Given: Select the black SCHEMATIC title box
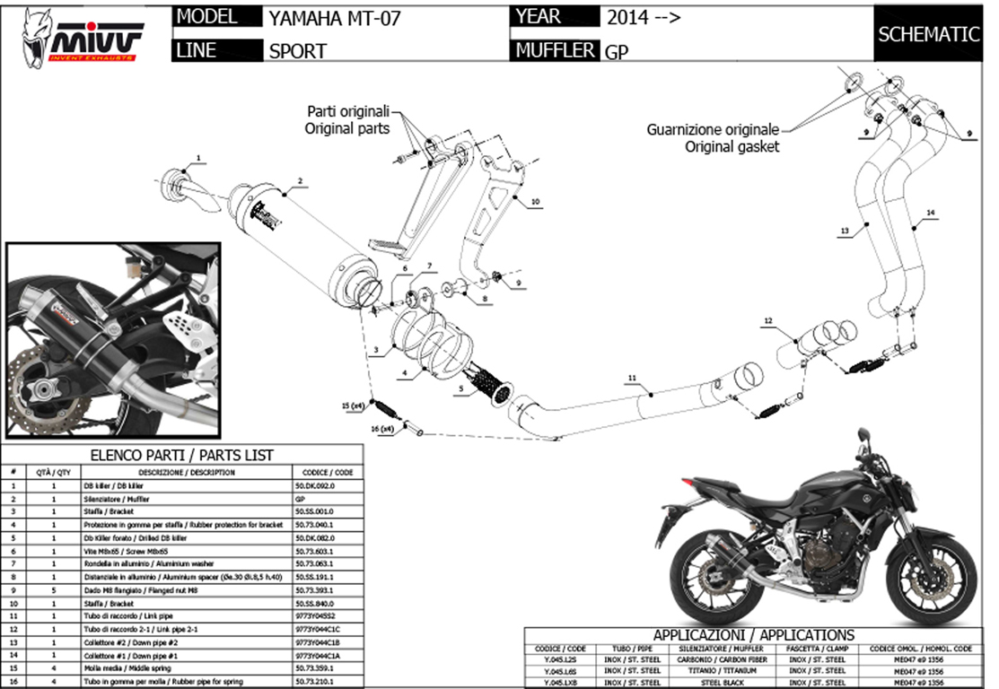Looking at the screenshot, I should tap(928, 35).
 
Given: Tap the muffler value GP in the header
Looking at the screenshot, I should tap(617, 52).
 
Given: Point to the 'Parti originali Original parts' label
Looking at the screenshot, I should tap(348, 120).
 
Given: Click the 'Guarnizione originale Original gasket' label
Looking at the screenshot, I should tap(713, 137).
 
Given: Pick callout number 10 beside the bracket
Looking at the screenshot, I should tap(535, 203).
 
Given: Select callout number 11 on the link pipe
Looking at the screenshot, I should tap(631, 379).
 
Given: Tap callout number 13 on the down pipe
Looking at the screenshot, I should tap(845, 231).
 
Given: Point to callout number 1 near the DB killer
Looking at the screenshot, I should tap(198, 158).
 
